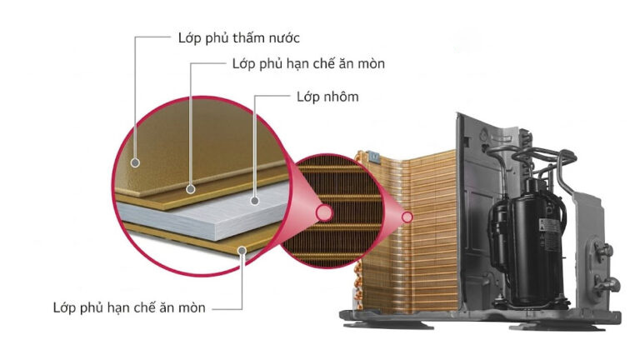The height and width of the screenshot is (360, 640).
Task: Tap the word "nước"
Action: [x=284, y=38]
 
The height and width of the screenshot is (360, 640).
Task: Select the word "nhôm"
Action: [x=341, y=97]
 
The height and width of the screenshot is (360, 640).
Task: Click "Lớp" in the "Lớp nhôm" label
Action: [x=308, y=97]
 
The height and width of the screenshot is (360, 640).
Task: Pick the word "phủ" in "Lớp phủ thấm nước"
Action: [x=217, y=39]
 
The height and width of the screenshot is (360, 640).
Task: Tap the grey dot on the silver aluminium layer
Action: [x=255, y=201]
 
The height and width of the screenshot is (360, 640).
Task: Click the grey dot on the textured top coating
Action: [x=135, y=162]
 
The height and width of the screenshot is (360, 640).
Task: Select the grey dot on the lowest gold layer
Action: [x=242, y=250]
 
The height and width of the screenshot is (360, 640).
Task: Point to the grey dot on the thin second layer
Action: [x=191, y=189]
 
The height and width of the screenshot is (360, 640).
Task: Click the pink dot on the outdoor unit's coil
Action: [x=407, y=217]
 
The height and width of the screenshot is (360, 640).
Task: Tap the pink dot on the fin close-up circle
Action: [x=324, y=213]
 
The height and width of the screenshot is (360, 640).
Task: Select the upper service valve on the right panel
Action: [x=602, y=251]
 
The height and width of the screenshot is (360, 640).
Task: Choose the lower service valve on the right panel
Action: [x=606, y=284]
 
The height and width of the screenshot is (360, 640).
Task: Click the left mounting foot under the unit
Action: [x=387, y=325]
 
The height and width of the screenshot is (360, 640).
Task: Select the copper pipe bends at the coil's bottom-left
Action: [x=358, y=286]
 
